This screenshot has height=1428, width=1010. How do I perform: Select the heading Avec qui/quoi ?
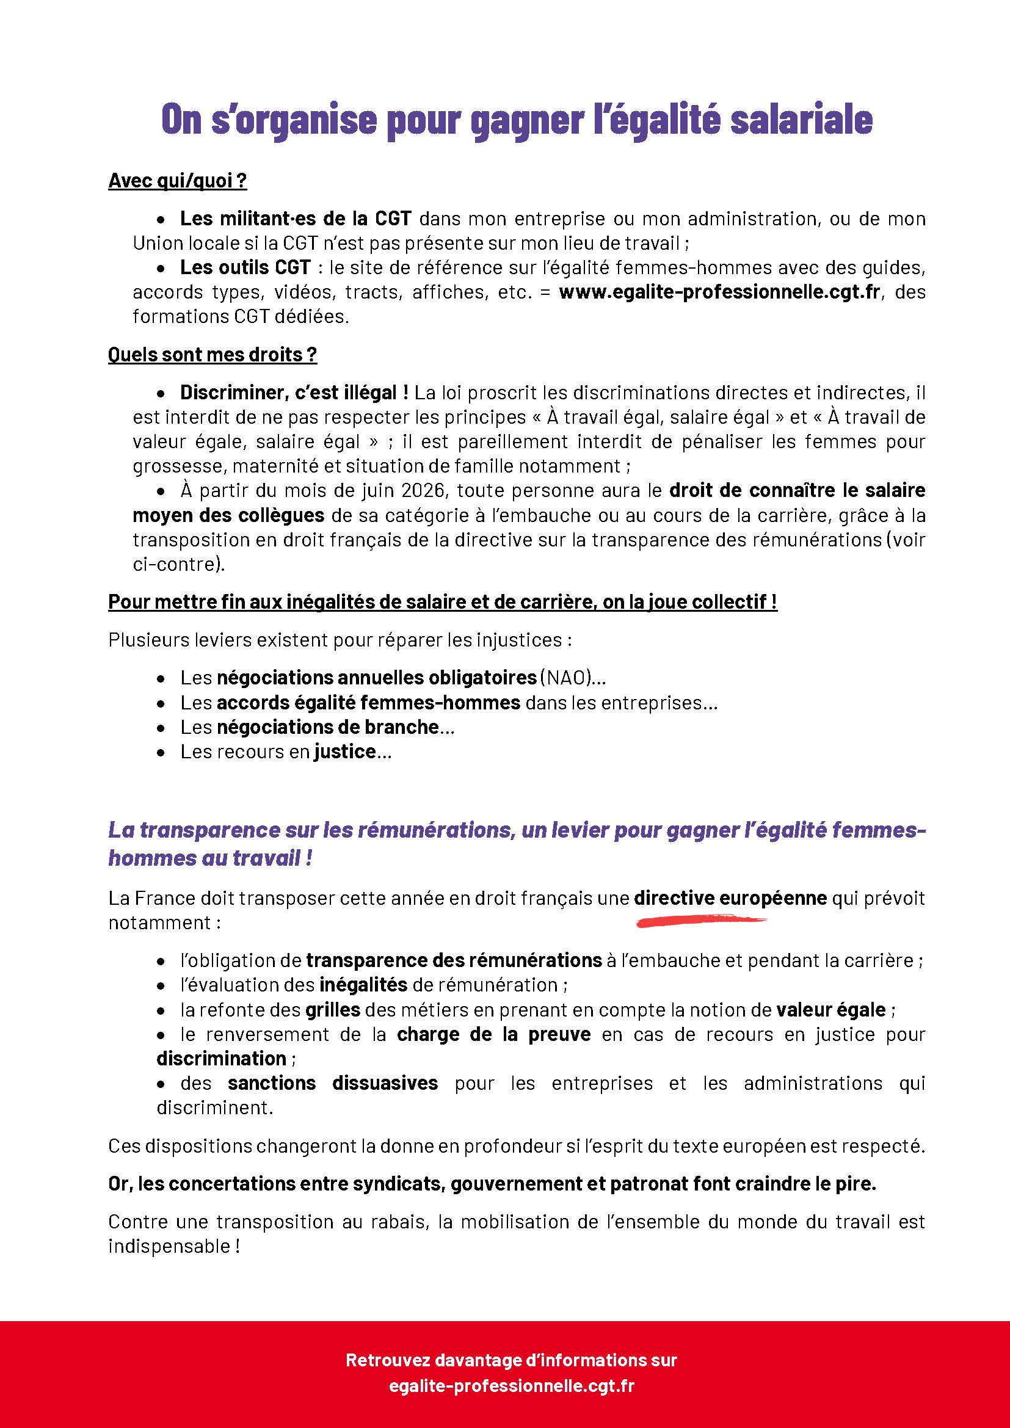pyautogui.click(x=177, y=181)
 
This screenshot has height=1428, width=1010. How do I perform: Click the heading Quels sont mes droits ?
pyautogui.click(x=212, y=355)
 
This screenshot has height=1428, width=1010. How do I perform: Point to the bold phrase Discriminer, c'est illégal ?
pyautogui.click(x=294, y=393)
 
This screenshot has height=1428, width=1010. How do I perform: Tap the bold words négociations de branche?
pyautogui.click(x=328, y=727)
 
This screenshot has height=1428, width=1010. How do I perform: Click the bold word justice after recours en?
pyautogui.click(x=344, y=752)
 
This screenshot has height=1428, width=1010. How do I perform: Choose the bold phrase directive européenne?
pyautogui.click(x=730, y=898)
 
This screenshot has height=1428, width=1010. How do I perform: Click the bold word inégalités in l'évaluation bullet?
pyautogui.click(x=363, y=985)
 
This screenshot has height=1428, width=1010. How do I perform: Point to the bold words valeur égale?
pyautogui.click(x=830, y=1009)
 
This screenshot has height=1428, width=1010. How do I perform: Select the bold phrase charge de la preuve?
pyautogui.click(x=494, y=1034)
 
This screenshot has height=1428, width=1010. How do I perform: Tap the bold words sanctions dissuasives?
pyautogui.click(x=332, y=1083)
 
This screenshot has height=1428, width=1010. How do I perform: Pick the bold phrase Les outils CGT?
pyautogui.click(x=245, y=267)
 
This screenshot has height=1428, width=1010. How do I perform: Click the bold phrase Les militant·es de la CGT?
pyautogui.click(x=296, y=219)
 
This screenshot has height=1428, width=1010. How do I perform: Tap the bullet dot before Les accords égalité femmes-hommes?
pyautogui.click(x=161, y=703)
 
